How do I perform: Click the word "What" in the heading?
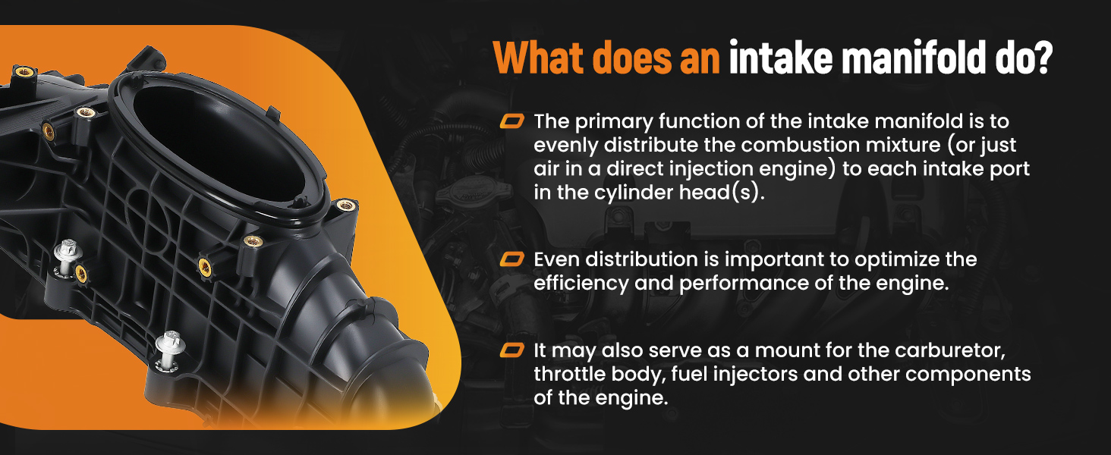pyautogui.click(x=538, y=58)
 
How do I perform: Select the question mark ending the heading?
pyautogui.click(x=1043, y=58)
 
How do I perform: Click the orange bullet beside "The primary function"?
pyautogui.click(x=511, y=121)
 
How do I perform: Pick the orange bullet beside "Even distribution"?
pyautogui.click(x=511, y=259)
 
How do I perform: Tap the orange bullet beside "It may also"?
pyautogui.click(x=511, y=350)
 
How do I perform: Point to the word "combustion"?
pyautogui.click(x=801, y=145)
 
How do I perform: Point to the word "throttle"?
pyautogui.click(x=569, y=374)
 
